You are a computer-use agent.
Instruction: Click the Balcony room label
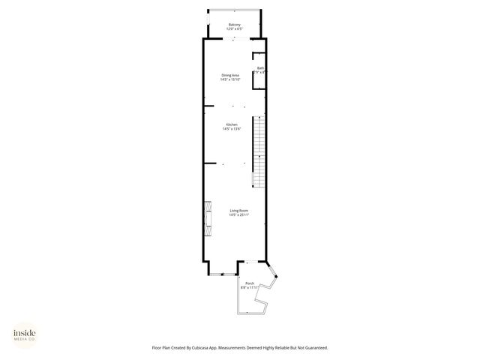[235, 25]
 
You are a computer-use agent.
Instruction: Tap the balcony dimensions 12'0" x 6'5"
[235, 29]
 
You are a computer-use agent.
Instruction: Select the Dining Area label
[230, 75]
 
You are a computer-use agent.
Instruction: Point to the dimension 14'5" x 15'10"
[230, 79]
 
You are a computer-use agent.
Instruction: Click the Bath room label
[260, 68]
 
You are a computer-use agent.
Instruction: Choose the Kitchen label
[232, 124]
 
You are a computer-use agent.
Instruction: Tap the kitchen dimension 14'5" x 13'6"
[232, 129]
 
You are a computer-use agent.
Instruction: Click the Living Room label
[238, 211]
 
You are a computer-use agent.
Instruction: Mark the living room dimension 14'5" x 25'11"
[238, 215]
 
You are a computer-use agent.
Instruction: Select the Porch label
[249, 283]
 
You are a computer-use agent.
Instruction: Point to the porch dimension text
[249, 287]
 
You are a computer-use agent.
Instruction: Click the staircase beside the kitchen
[257, 150]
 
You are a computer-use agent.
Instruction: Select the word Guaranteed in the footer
[314, 347]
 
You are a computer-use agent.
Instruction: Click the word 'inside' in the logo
[25, 332]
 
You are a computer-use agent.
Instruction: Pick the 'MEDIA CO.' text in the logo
[25, 339]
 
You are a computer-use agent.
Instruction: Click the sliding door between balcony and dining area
[235, 37]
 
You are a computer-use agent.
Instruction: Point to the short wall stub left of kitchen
[210, 163]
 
